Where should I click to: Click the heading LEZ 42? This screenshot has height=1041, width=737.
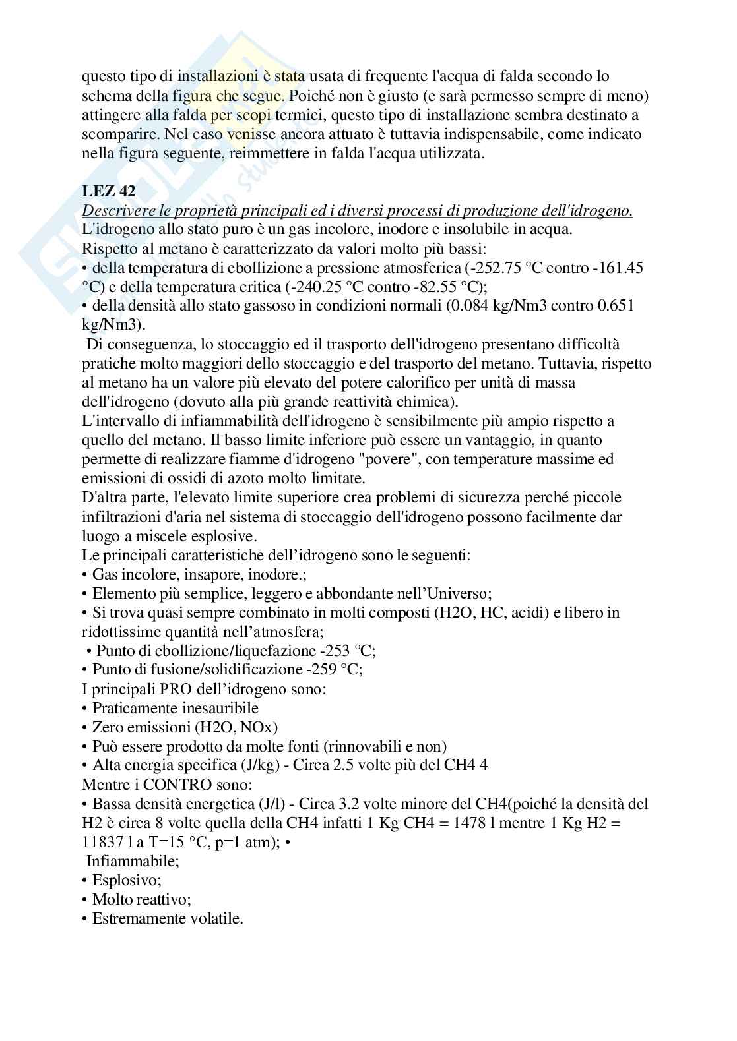[108, 191]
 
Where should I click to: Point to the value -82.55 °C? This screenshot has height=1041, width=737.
[434, 287]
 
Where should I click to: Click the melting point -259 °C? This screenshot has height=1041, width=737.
[334, 669]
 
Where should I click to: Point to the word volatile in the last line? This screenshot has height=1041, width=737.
[212, 918]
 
